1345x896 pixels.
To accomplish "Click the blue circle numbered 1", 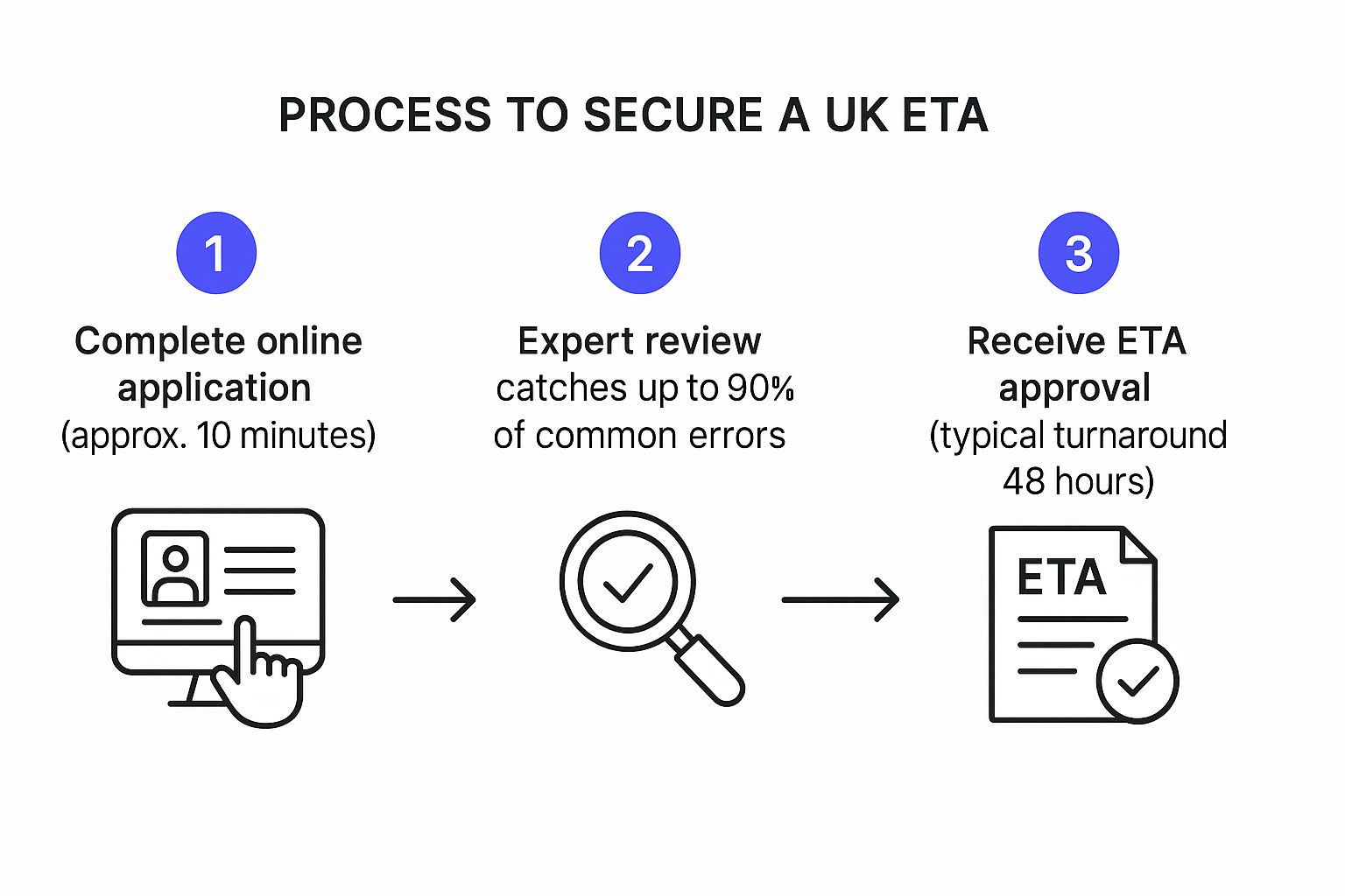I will click(216, 253).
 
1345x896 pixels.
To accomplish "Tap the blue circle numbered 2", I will click(640, 253).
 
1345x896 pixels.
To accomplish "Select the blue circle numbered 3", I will click(1078, 253).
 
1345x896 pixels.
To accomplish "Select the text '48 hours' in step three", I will click(1078, 482).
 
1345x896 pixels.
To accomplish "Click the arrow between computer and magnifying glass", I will click(434, 600).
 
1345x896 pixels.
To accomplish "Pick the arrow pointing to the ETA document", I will click(841, 600).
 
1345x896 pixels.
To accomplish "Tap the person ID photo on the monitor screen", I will click(175, 570).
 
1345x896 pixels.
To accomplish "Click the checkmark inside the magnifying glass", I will click(628, 581).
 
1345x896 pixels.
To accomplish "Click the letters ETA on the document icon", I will click(1061, 578).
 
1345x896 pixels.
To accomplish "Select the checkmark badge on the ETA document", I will click(1137, 681).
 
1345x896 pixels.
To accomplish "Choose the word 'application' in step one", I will click(215, 388).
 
